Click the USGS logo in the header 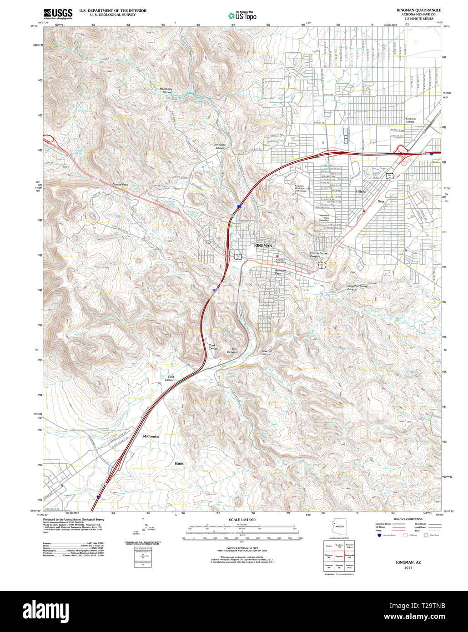point(58,13)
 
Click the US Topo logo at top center point(242,15)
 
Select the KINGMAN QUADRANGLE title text point(418,10)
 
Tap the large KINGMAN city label point(263,246)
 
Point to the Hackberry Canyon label point(167,90)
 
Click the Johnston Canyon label point(220,146)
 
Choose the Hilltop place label point(361,192)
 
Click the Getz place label point(381,201)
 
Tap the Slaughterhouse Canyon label point(357,287)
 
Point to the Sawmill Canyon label point(266,352)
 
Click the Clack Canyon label point(171,378)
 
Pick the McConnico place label point(151,436)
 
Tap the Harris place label point(179,463)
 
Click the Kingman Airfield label point(411,120)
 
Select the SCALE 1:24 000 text point(242,520)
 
